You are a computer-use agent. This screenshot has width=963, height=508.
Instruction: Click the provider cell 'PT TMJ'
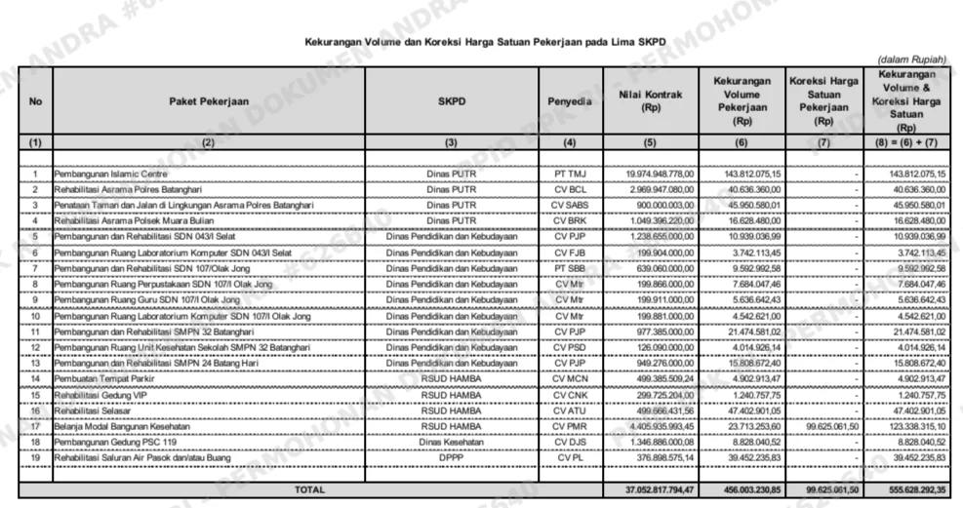click(569, 174)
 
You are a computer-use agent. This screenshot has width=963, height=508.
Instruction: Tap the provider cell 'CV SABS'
click(569, 205)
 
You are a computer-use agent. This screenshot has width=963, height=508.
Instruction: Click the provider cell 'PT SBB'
click(569, 267)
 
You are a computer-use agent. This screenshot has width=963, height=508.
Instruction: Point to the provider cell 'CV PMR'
click(569, 425)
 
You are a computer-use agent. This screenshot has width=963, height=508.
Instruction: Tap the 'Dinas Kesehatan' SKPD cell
click(450, 441)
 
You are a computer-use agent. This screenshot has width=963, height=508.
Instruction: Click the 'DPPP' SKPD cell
click(450, 456)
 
